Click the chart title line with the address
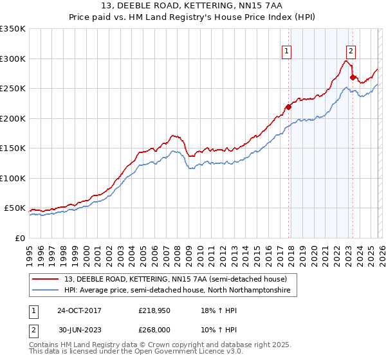193,6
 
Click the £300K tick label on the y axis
13,59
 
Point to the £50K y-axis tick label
15,208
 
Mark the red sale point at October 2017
288,107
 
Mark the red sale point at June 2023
353,78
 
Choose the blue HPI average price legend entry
177,291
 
